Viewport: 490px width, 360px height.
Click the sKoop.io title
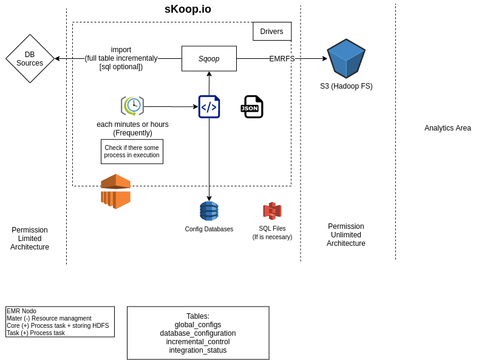pos(188,9)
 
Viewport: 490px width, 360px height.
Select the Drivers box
pos(271,32)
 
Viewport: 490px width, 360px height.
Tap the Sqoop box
pos(209,59)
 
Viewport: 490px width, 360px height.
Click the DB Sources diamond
pos(30,59)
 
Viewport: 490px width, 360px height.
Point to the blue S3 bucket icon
pos(346,58)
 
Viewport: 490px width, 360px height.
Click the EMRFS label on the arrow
pos(282,59)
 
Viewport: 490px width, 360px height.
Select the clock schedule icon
pos(132,106)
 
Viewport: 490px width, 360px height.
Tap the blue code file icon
pos(209,107)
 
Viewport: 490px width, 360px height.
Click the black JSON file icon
pos(251,107)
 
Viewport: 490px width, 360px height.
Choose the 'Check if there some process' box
pos(132,152)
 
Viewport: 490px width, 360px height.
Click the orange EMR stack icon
pos(115,191)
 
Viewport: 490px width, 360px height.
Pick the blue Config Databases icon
pos(209,211)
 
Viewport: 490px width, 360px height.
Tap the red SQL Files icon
pos(272,211)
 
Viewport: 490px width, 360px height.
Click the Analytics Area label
pos(447,128)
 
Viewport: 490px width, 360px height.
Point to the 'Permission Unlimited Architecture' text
pos(345,235)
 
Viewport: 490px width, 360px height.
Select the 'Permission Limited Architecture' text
pos(30,239)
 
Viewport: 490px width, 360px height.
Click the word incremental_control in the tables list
pos(198,342)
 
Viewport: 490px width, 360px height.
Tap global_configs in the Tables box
pos(198,325)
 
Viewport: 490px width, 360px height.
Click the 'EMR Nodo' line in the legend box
pos(21,311)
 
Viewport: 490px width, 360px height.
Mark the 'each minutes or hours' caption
pos(132,124)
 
